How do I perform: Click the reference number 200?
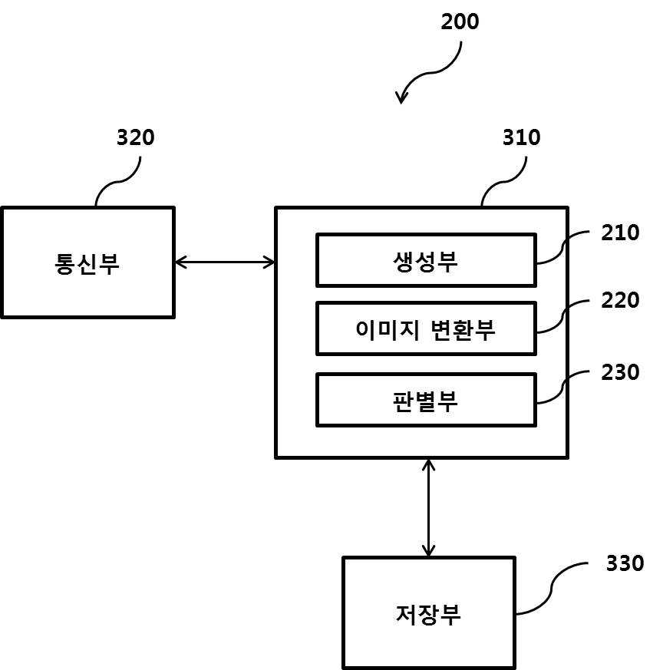460,21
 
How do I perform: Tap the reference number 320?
135,137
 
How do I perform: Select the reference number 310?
521,137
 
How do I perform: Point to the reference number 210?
620,233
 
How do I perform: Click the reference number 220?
620,300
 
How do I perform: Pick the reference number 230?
620,372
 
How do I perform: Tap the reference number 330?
625,563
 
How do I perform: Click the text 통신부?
87,263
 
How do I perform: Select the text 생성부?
425,262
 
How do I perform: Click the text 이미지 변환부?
425,330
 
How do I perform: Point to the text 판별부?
425,401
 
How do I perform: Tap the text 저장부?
428,615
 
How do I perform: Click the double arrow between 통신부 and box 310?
225,262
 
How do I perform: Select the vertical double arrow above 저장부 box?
428,508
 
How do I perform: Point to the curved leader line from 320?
118,182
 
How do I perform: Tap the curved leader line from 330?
552,589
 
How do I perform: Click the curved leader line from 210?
563,248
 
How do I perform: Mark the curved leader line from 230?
563,387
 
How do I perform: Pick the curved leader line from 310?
504,182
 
